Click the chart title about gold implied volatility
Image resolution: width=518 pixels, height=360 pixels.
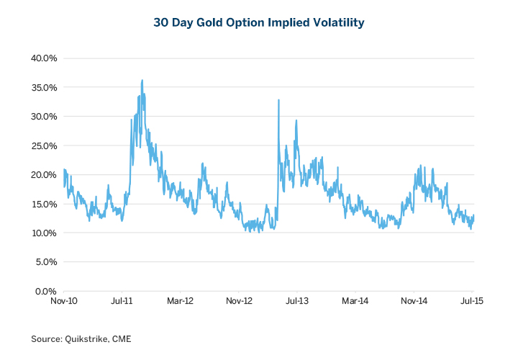[x=259, y=23]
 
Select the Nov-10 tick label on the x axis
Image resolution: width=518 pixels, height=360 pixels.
[x=64, y=302]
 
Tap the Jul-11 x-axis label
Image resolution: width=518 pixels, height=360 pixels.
[x=122, y=302]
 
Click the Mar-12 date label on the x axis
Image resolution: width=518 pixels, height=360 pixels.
[x=181, y=302]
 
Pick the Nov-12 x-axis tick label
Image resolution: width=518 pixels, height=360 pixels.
[x=239, y=302]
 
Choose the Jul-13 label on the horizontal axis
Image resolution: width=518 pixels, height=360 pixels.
[x=297, y=302]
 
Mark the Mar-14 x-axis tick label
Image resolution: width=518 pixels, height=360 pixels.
[x=355, y=302]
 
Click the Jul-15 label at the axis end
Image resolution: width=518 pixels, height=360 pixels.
[x=473, y=302]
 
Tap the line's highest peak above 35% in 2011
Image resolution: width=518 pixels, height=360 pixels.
[x=142, y=81]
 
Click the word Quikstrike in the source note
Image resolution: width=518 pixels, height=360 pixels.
[x=84, y=338]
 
